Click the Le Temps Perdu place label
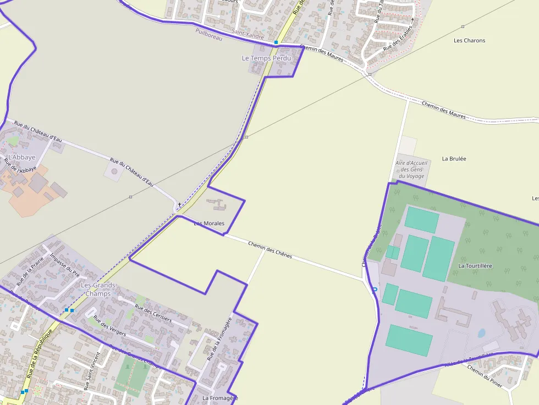[266, 58]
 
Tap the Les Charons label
[469, 40]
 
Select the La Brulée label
[454, 158]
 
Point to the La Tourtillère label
[475, 265]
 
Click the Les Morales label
[209, 224]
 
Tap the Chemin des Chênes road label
[270, 250]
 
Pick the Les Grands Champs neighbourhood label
[98, 289]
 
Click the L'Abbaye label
[22, 157]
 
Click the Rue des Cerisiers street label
[153, 314]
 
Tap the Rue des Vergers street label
[109, 325]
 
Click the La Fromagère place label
[219, 398]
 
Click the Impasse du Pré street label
[65, 265]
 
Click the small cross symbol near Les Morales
[179, 204]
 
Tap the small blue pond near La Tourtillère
[481, 333]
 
